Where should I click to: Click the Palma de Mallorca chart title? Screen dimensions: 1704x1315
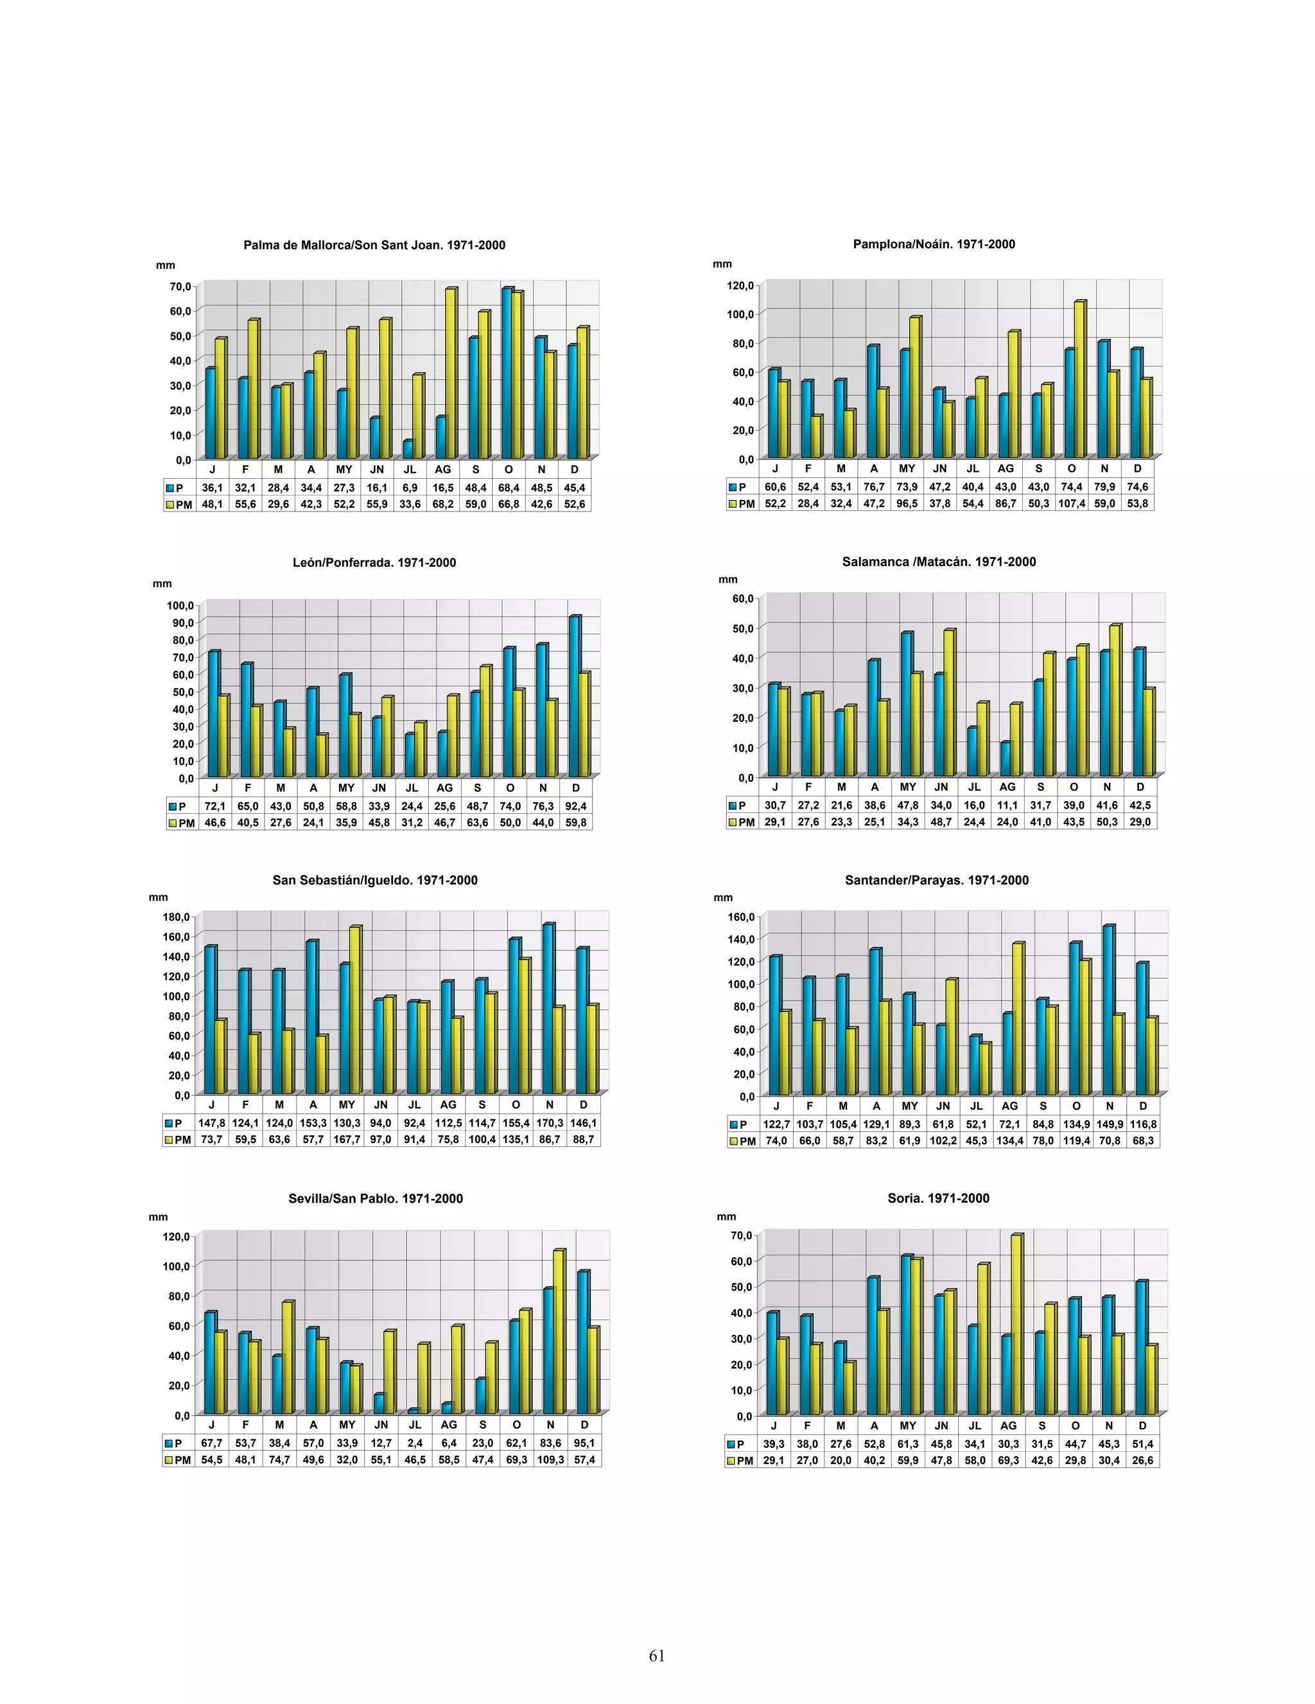(x=374, y=245)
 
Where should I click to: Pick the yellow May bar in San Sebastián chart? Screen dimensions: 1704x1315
(x=355, y=1010)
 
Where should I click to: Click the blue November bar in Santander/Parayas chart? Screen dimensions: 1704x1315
(x=1108, y=1010)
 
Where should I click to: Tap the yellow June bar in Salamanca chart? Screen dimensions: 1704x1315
(x=948, y=702)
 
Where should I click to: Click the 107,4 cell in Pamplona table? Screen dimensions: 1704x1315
(x=1072, y=504)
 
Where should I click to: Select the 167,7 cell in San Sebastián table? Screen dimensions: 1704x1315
(x=347, y=1140)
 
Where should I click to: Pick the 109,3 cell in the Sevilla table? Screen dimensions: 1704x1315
(x=550, y=1459)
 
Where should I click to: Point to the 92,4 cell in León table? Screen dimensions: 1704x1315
(x=576, y=806)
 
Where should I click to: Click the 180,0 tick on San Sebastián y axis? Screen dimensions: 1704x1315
(x=177, y=917)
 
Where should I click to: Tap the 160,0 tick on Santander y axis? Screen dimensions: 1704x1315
(x=742, y=917)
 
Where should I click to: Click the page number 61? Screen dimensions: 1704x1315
(x=657, y=1656)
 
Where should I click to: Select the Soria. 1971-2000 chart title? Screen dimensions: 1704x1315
(x=938, y=1198)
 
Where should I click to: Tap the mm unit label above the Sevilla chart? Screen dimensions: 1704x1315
(x=159, y=1217)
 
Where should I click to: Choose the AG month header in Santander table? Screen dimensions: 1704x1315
(x=1010, y=1106)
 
